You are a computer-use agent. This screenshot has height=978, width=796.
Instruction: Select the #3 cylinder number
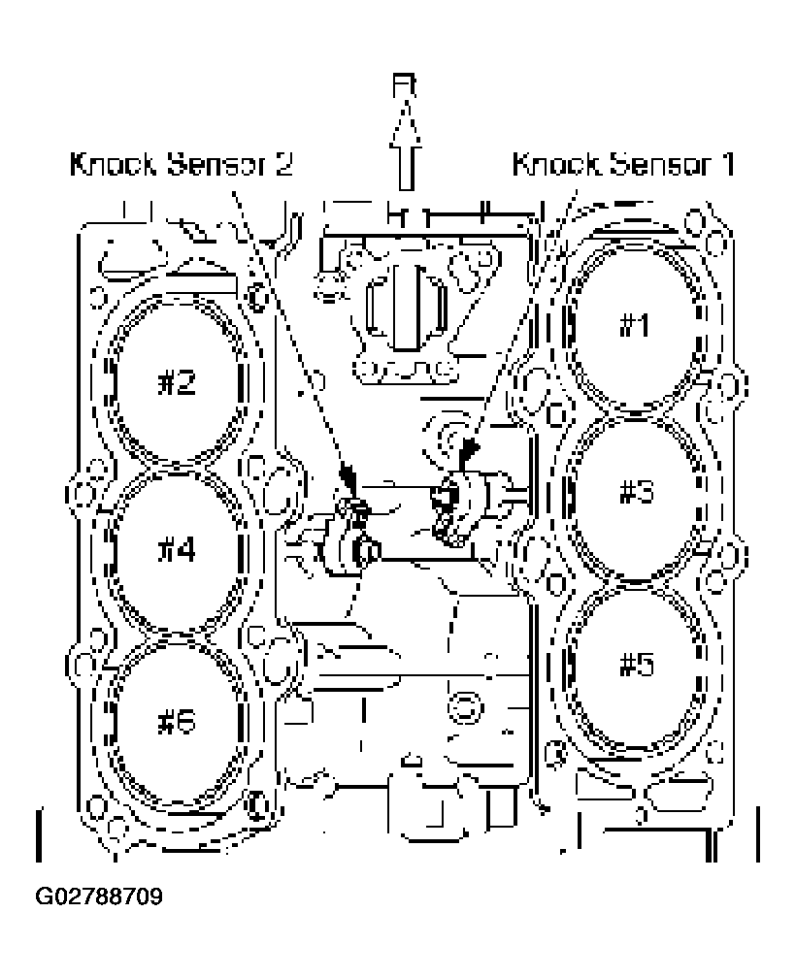pos(637,492)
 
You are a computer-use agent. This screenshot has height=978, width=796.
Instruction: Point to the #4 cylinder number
pos(177,550)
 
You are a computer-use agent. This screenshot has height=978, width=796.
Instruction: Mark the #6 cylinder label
pos(177,723)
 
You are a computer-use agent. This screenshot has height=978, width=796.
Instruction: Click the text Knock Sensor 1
pos(622,164)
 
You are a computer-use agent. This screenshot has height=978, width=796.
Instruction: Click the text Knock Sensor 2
pos(180,164)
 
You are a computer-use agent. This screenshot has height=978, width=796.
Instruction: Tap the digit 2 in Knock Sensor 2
pos(282,164)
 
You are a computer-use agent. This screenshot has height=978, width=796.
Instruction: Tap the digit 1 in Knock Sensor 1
pos(724,164)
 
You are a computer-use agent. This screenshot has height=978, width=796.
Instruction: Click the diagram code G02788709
pos(99,895)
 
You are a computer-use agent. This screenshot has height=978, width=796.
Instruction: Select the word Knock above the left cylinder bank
pos(106,164)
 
